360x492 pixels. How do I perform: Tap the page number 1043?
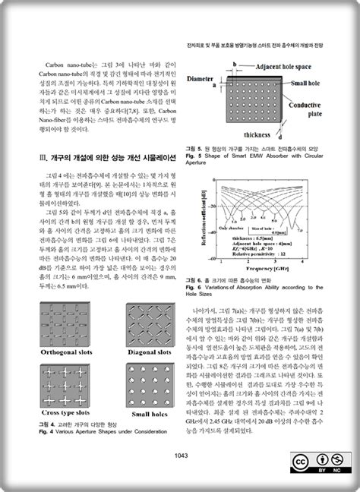tap(180, 456)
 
